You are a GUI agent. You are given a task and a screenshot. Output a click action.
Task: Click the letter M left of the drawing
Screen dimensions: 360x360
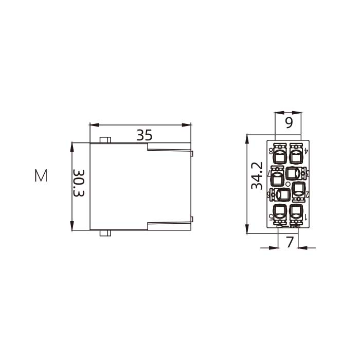(41, 176)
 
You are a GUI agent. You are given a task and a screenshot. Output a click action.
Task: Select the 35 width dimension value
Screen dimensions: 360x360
(145, 135)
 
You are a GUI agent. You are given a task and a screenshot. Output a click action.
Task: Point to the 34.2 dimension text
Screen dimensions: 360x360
(257, 176)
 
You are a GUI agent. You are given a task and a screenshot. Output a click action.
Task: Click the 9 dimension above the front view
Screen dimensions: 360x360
(288, 123)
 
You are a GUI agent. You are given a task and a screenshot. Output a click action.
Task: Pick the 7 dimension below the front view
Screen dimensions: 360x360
(290, 242)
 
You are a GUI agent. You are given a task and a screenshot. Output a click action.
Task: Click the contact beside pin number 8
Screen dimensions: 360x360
(280, 154)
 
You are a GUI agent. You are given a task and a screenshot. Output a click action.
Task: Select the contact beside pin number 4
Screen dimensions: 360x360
(296, 154)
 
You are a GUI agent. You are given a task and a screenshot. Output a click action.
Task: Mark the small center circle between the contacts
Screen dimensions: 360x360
(288, 184)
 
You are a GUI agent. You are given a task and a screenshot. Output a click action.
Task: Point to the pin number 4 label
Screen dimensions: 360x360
(306, 151)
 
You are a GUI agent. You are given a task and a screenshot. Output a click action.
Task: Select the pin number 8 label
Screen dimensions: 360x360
(271, 151)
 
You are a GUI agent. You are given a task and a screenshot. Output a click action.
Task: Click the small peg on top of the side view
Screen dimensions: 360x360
(105, 140)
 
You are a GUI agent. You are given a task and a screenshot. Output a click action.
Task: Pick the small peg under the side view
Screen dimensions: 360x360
(105, 233)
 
